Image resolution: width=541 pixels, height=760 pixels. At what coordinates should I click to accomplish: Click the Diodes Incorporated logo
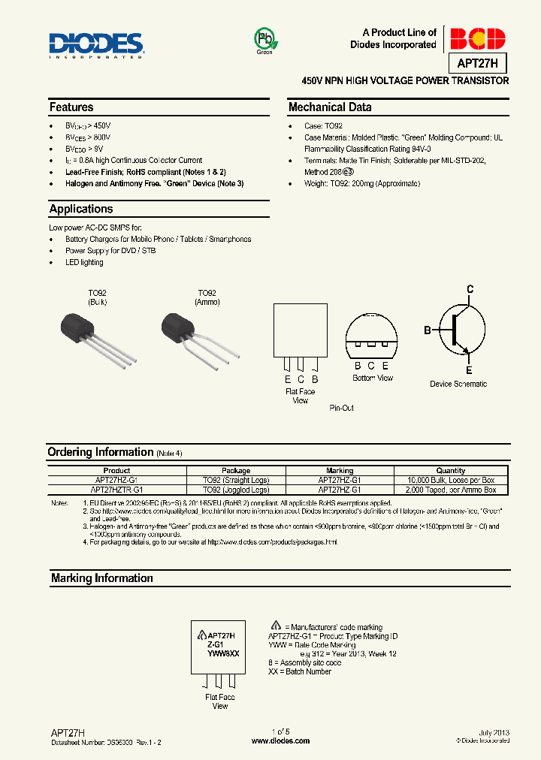[x=96, y=44]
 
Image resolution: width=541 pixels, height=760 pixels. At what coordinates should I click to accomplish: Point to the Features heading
[x=71, y=107]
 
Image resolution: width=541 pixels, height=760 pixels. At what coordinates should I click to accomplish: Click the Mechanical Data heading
[x=330, y=107]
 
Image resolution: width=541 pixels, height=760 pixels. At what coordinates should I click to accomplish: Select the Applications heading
[x=81, y=209]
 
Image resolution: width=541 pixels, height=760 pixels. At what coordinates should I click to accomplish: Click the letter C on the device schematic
[x=470, y=289]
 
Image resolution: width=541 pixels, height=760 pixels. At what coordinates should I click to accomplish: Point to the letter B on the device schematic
[x=428, y=330]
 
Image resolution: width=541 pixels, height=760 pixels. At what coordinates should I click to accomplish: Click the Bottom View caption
[x=373, y=378]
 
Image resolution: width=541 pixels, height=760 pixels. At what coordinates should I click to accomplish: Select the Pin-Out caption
[x=341, y=408]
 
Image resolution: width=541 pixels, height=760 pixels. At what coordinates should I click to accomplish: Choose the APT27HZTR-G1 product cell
[x=116, y=490]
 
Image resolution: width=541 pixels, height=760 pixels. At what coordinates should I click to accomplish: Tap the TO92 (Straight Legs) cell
[x=236, y=480]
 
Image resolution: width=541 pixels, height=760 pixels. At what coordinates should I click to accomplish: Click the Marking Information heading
[x=101, y=578]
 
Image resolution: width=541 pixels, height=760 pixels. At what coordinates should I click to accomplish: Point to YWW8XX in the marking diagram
[x=223, y=653]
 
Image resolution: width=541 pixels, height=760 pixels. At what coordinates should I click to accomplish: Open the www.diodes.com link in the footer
[x=280, y=741]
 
